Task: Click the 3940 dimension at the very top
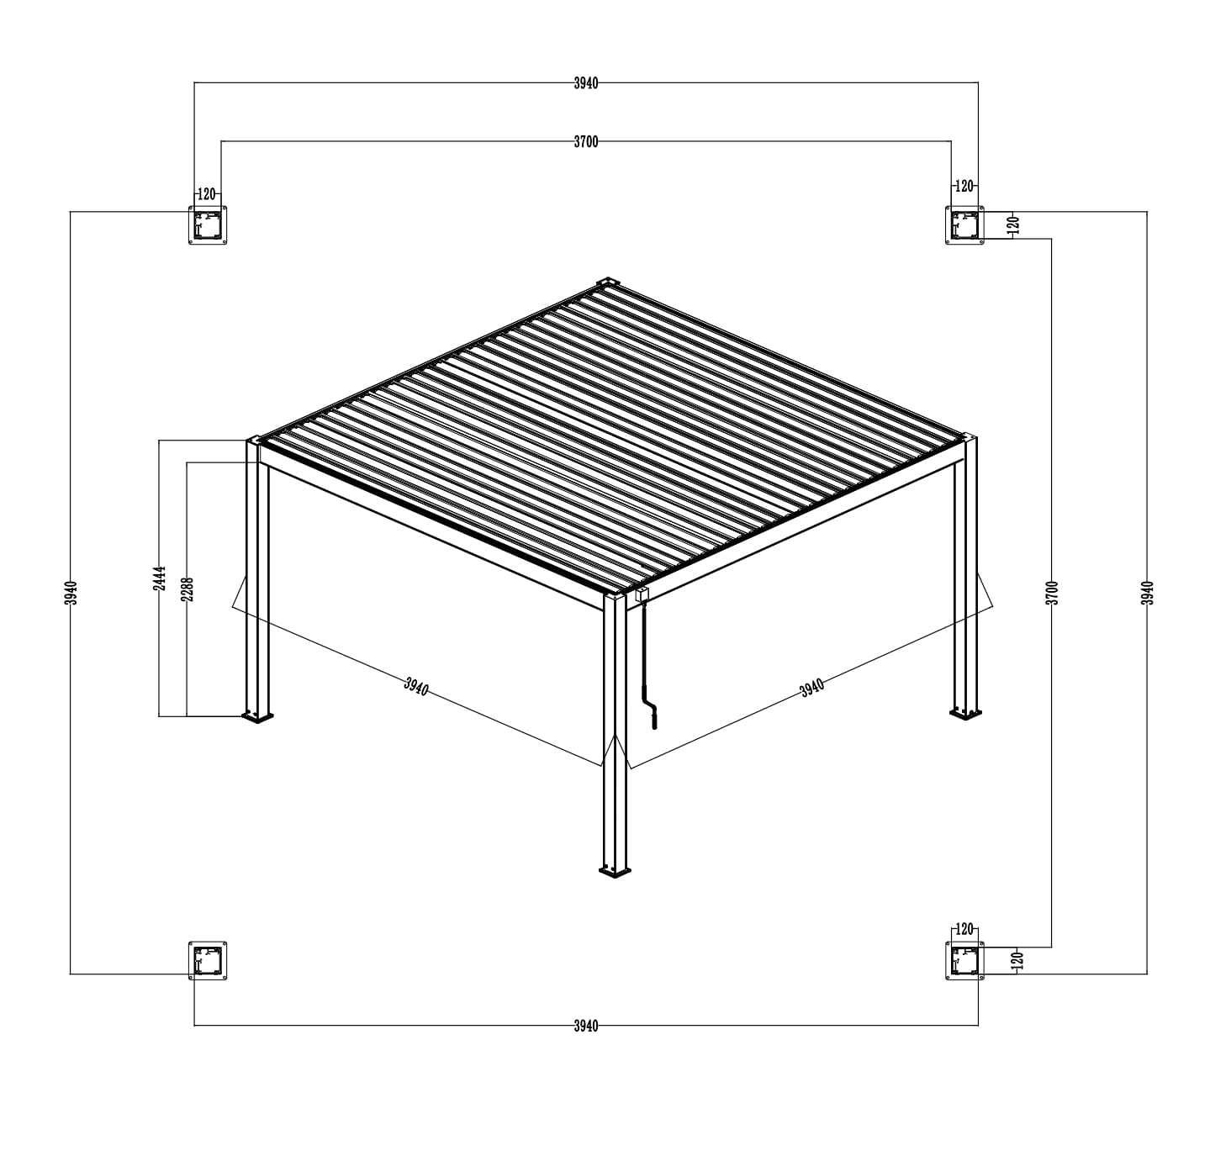click(x=586, y=83)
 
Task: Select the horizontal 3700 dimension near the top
click(x=586, y=142)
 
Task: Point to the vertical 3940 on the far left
click(x=72, y=593)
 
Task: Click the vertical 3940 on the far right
click(x=1148, y=593)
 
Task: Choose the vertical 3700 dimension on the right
click(x=1052, y=593)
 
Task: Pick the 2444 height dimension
click(x=161, y=578)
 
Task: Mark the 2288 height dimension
click(x=188, y=589)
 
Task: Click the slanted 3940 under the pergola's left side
click(x=416, y=686)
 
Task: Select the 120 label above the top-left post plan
click(x=207, y=194)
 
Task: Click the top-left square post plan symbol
click(x=208, y=225)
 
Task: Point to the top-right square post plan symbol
click(x=964, y=225)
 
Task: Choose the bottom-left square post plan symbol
click(x=208, y=961)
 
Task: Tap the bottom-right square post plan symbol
click(x=964, y=961)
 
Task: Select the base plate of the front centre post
click(x=615, y=872)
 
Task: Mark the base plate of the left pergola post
click(x=257, y=716)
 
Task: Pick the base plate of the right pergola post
click(x=965, y=714)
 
